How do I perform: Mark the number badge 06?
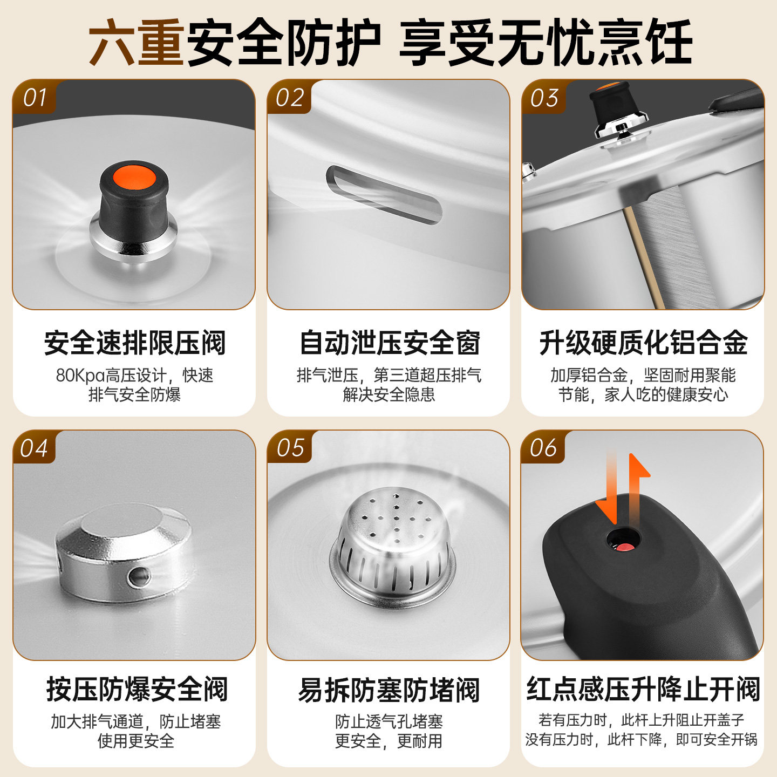point(543,448)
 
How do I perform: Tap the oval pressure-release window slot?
point(384,195)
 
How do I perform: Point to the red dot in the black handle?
point(625,548)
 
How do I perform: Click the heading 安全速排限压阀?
point(134,343)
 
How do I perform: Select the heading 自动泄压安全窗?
point(390,343)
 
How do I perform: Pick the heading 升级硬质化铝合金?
point(644,343)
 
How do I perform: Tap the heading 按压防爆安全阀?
point(137,690)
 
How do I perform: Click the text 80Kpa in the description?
point(80,376)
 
